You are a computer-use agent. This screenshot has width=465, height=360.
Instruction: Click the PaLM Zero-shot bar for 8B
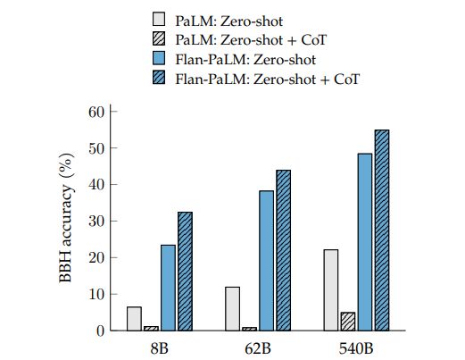(135, 319)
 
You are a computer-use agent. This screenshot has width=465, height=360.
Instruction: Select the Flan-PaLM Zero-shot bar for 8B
(168, 288)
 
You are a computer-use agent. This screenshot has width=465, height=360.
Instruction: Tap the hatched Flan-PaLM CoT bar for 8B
(185, 272)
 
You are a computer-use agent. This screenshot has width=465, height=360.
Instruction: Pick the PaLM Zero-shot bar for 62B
(233, 309)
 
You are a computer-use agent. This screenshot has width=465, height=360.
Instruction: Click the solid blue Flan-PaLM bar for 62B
(266, 261)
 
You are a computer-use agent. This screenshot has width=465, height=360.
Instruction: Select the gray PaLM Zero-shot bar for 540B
(331, 290)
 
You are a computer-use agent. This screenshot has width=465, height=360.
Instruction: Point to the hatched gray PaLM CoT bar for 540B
(347, 322)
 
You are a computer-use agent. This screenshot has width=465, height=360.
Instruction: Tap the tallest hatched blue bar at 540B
(381, 230)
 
